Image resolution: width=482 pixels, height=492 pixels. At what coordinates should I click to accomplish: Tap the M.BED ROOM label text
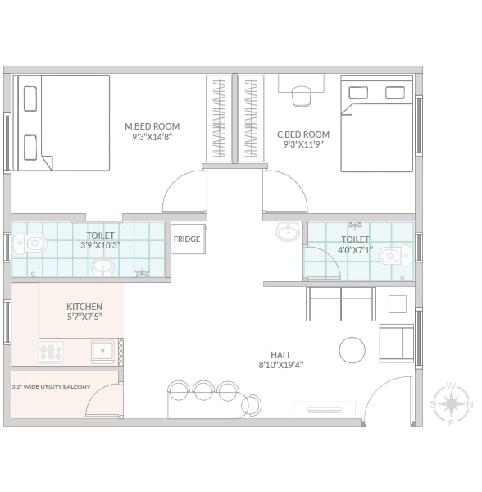pyautogui.click(x=152, y=126)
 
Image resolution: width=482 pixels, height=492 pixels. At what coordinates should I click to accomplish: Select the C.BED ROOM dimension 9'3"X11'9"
pyautogui.click(x=303, y=144)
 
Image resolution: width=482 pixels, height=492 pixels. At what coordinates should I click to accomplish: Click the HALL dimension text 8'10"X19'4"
pyautogui.click(x=281, y=365)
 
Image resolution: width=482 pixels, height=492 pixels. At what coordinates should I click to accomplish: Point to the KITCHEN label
pyautogui.click(x=84, y=307)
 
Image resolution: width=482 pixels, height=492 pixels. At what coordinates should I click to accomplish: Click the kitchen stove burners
pyautogui.click(x=51, y=352)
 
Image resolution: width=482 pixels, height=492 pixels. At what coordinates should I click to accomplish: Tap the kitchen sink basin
pyautogui.click(x=102, y=351)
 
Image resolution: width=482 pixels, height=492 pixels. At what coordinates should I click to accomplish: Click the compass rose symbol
pyautogui.click(x=451, y=403)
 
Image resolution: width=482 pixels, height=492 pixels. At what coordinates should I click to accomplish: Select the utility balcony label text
pyautogui.click(x=51, y=387)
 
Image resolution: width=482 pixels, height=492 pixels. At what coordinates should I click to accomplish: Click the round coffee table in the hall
pyautogui.click(x=352, y=350)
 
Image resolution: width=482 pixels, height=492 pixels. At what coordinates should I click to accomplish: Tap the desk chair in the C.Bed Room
pyautogui.click(x=302, y=96)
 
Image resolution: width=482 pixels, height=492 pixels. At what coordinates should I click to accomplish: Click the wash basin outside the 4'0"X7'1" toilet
pyautogui.click(x=288, y=232)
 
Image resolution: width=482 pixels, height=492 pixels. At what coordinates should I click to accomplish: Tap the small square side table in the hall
pyautogui.click(x=398, y=304)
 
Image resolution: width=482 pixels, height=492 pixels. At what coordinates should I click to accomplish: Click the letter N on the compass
pyautogui.click(x=470, y=404)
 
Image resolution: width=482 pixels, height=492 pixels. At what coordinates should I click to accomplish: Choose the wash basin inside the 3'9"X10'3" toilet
pyautogui.click(x=102, y=267)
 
